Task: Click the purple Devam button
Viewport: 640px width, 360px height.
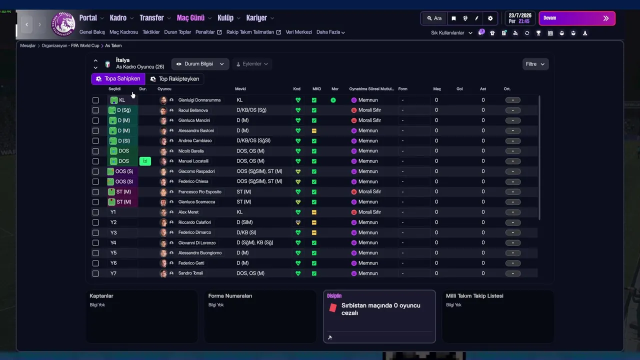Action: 576,18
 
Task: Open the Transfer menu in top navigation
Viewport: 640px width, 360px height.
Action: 151,18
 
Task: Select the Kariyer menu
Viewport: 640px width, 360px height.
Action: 256,18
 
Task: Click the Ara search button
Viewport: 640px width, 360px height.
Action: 434,18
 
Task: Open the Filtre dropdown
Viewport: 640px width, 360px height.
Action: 535,64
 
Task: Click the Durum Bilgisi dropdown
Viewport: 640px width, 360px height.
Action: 200,64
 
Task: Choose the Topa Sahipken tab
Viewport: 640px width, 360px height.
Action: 118,79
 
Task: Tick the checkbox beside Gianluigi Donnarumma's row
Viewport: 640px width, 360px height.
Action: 95,100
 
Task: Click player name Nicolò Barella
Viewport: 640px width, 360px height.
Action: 191,151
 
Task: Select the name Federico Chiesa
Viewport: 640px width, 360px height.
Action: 193,181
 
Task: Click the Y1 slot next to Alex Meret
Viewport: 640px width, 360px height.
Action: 113,212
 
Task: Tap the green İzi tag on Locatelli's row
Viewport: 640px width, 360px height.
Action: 145,161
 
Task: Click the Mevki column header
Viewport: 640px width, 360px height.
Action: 240,89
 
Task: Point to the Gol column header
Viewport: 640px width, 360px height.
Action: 459,89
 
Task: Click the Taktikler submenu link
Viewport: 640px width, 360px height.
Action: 151,32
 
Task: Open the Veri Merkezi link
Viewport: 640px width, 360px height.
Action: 298,32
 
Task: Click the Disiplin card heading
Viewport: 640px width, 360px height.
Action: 334,296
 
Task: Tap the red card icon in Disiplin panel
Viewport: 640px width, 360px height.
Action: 333,308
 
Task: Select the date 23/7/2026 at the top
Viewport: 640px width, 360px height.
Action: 520,15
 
